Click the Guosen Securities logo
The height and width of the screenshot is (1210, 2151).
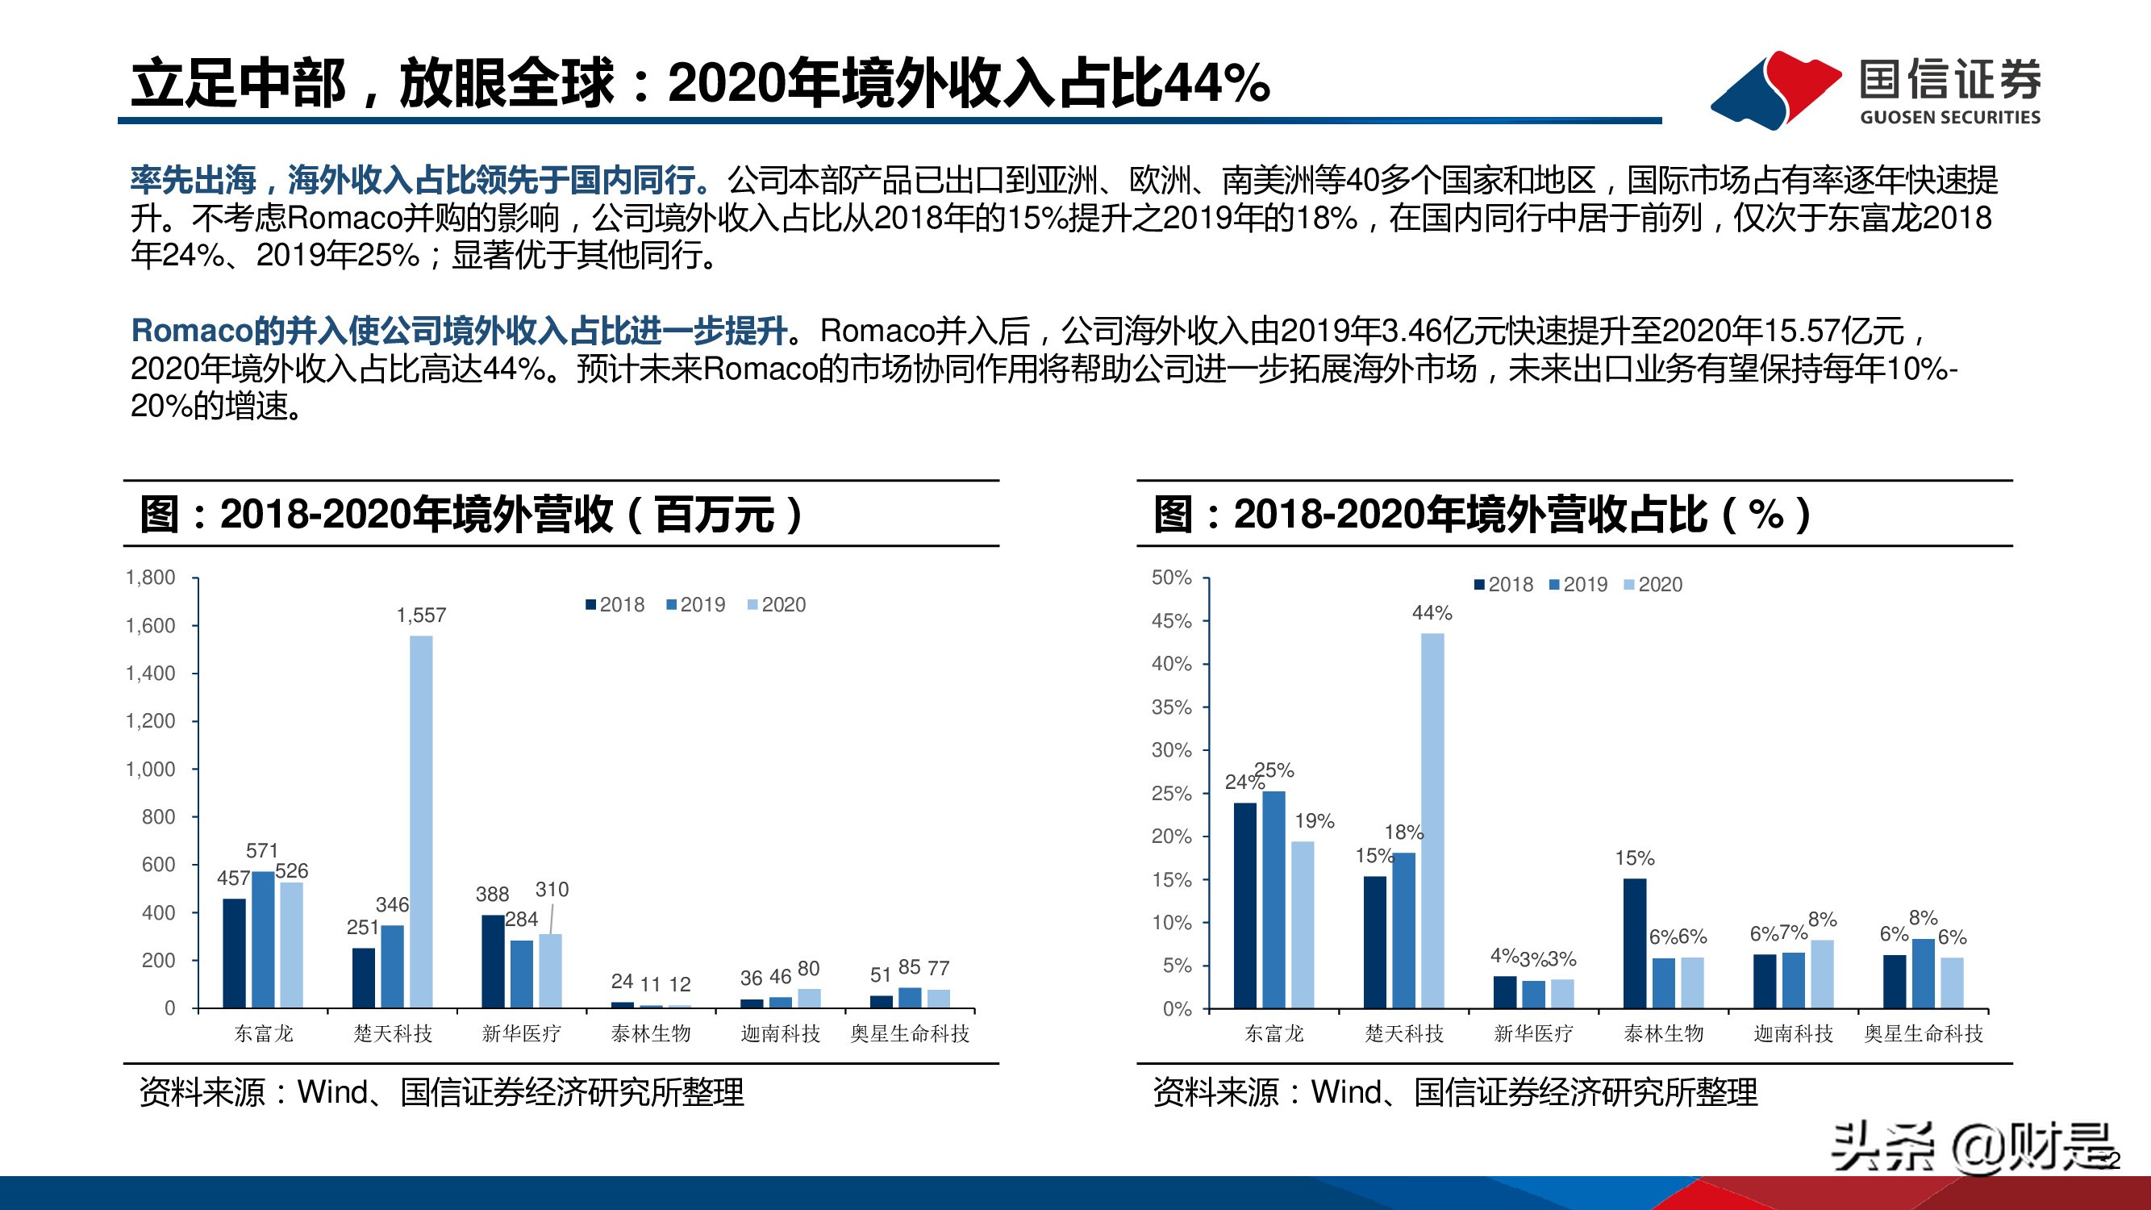1874,90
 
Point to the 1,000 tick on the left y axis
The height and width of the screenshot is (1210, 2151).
150,769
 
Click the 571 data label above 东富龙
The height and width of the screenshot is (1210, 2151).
261,851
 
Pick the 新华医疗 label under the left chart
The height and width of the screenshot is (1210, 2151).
521,1034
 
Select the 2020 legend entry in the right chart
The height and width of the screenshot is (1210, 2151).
1653,585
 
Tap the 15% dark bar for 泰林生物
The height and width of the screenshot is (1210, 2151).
1634,943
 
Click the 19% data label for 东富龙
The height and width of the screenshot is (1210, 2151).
1315,821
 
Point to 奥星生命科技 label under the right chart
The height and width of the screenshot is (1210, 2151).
1923,1034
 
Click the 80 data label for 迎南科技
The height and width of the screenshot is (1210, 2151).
808,968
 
